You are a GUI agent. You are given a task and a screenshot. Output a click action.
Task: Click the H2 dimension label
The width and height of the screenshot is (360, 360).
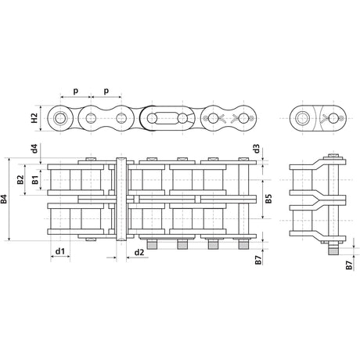tap(34, 118)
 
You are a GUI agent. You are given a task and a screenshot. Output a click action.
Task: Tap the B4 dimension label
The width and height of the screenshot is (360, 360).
tap(4, 199)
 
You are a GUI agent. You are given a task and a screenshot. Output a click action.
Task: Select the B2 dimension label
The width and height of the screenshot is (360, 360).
tap(20, 180)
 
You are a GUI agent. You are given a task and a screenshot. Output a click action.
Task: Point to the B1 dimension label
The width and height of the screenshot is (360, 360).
tap(35, 180)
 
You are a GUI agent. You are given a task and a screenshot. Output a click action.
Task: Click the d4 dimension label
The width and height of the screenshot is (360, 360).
tap(34, 148)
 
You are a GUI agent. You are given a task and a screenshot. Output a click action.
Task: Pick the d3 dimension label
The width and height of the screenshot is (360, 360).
tap(257, 149)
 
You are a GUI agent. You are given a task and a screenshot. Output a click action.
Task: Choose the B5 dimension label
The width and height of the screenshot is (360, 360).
tap(268, 199)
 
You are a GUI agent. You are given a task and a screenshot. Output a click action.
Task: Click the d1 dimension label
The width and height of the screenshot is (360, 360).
tap(60, 251)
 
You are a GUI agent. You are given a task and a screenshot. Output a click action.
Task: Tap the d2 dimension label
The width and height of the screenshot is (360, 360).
tap(139, 252)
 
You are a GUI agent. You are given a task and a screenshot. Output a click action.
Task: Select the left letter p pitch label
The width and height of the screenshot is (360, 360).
tap(75, 91)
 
